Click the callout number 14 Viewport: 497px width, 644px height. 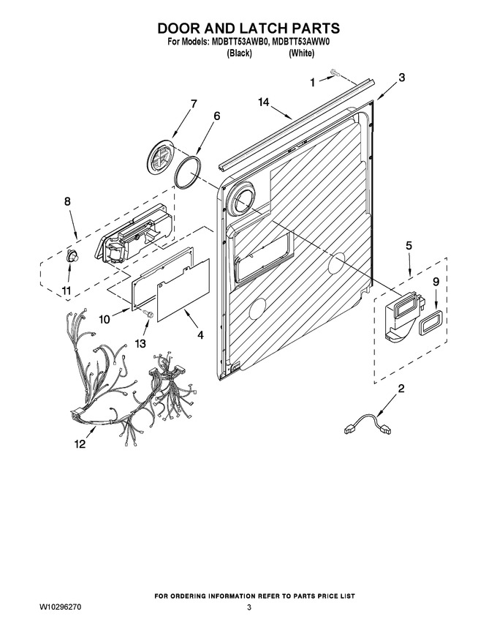click(x=264, y=102)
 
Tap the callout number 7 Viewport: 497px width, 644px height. click(x=193, y=104)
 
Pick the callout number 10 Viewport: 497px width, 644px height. click(x=105, y=319)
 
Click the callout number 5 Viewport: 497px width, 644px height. click(x=409, y=246)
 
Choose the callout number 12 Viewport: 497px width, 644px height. click(x=80, y=443)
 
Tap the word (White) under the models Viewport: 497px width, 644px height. click(x=301, y=53)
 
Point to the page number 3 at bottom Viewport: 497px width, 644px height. click(x=249, y=607)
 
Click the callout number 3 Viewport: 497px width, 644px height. click(x=402, y=78)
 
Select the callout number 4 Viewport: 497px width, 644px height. click(x=200, y=335)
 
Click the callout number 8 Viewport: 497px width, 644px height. click(x=67, y=201)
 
